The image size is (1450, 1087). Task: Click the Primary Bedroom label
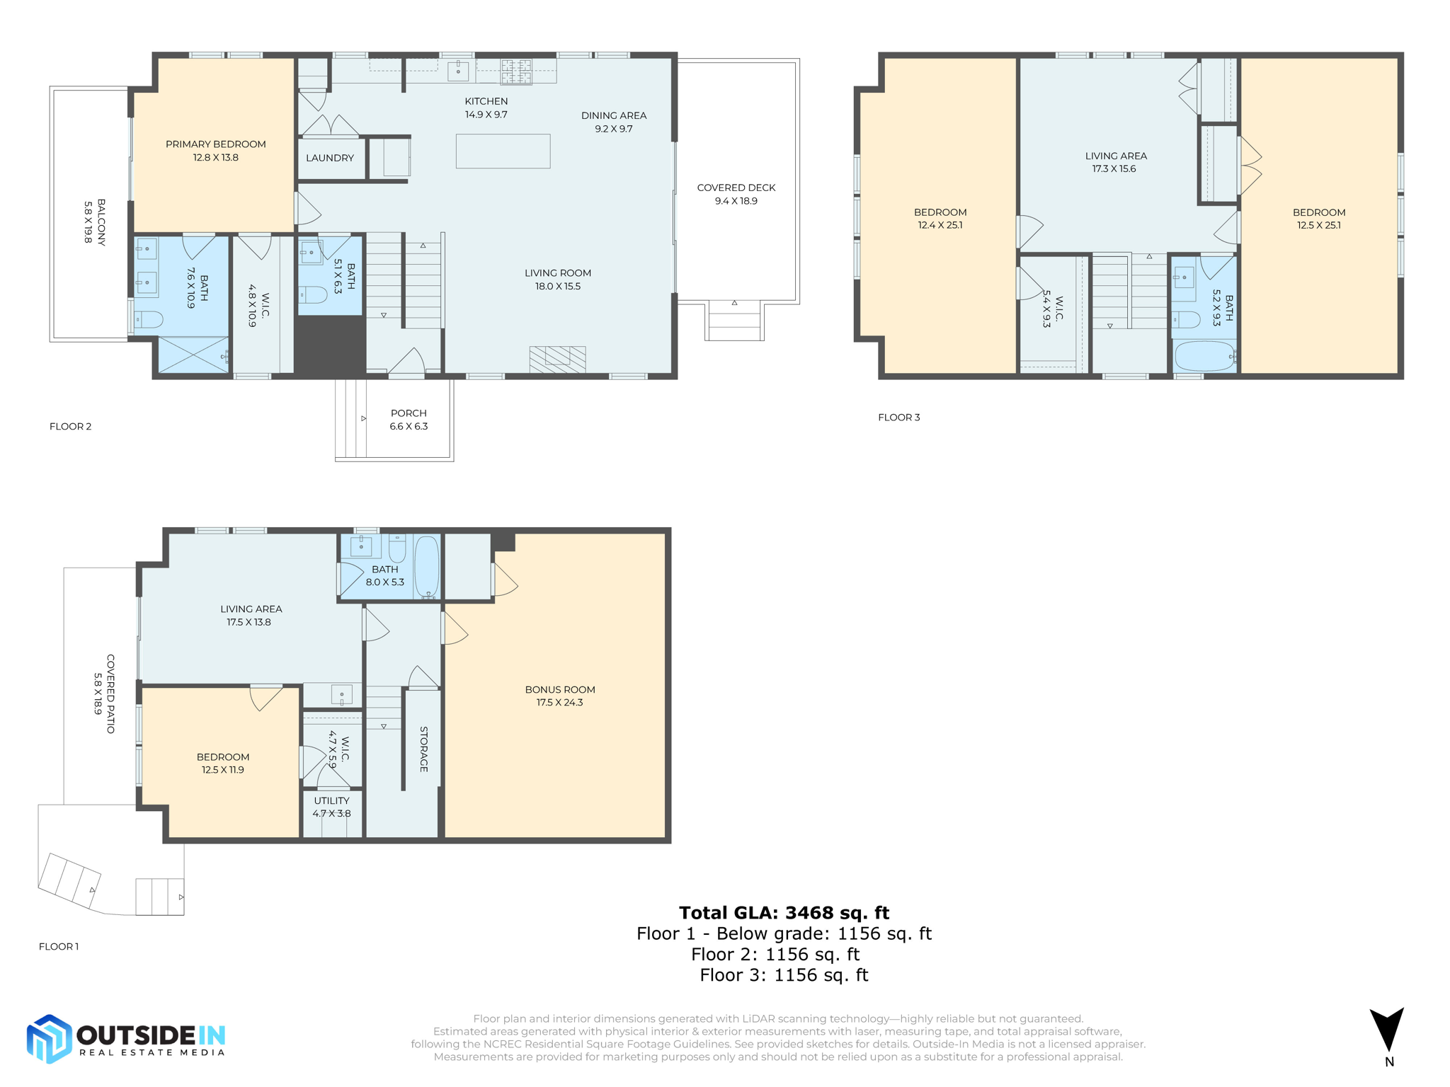215,150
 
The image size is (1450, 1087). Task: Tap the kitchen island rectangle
503,151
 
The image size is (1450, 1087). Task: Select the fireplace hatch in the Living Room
557,360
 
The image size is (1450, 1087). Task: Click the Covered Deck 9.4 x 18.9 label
736,194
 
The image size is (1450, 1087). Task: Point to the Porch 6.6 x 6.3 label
409,419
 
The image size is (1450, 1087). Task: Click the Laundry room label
330,158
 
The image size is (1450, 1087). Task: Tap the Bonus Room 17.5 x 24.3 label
559,696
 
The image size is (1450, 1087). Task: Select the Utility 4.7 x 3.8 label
331,807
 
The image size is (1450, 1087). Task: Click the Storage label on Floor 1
423,749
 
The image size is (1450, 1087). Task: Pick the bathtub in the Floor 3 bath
1204,356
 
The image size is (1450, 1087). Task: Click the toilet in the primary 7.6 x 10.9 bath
148,320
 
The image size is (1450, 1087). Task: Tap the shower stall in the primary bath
192,354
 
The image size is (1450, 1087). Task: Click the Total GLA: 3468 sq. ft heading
784,912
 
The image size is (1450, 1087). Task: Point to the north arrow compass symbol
1387,1030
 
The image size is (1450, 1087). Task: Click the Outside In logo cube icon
49,1038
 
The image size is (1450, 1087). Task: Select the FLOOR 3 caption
898,417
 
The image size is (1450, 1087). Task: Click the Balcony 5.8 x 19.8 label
94,222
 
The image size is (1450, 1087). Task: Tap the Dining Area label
613,122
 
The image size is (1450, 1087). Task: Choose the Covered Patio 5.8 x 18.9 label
104,694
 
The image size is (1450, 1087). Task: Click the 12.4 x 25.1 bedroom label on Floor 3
940,218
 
